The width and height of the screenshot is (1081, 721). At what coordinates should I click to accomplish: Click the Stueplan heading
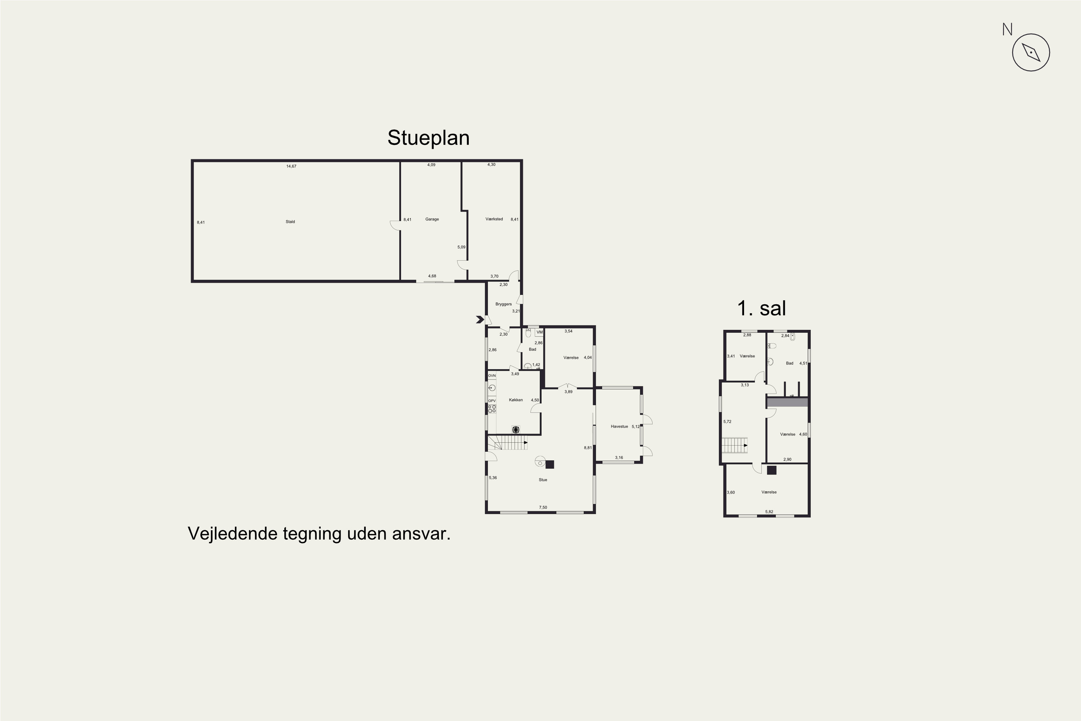tap(428, 138)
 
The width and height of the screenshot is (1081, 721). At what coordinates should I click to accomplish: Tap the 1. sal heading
tap(762, 308)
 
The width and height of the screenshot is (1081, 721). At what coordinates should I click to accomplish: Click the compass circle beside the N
tap(1031, 52)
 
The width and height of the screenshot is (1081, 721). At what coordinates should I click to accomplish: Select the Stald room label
tap(290, 222)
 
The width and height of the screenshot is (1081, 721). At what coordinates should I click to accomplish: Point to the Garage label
tap(432, 219)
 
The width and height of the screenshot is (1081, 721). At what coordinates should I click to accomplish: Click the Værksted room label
tap(494, 219)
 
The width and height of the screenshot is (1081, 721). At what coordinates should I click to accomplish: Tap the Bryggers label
tap(503, 304)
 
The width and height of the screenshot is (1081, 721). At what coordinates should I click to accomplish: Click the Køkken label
tap(516, 400)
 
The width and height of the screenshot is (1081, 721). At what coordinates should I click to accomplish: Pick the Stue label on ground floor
tap(543, 479)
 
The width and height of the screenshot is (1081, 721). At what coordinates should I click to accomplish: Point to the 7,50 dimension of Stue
tap(543, 508)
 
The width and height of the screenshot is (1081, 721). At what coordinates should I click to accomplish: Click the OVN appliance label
tap(492, 376)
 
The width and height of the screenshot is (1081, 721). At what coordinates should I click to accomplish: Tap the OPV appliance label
tap(492, 401)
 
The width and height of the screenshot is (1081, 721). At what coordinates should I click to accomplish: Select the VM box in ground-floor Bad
tap(539, 332)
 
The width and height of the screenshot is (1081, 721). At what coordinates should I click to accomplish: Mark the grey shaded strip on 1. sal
tap(787, 402)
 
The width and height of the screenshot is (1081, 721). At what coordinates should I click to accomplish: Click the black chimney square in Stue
tap(550, 464)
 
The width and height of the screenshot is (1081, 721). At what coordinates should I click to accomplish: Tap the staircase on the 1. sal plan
tap(734, 445)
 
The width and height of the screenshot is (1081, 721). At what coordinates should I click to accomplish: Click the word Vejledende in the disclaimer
tap(232, 534)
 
